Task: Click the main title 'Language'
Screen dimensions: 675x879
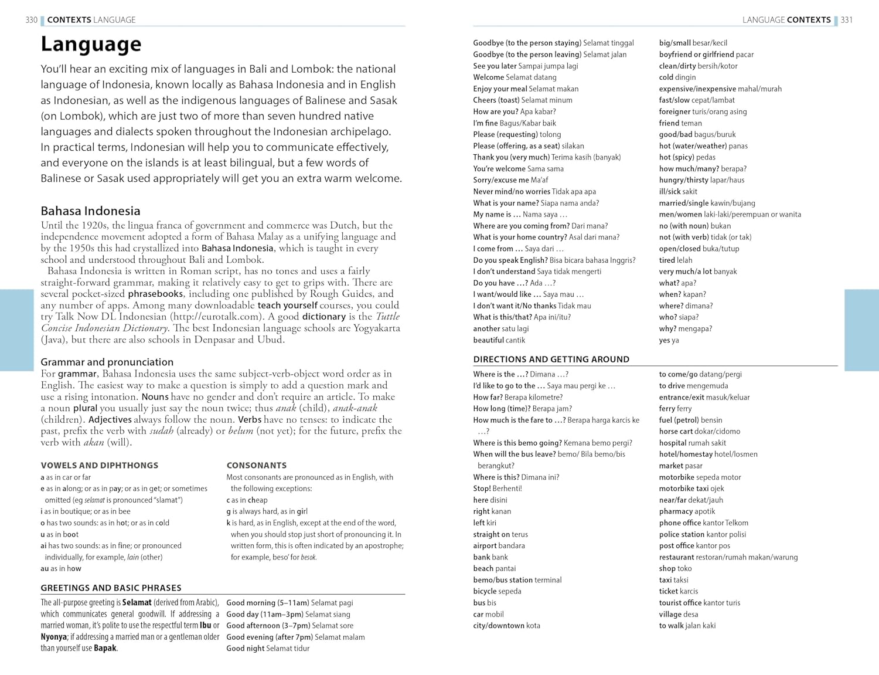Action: [x=91, y=45]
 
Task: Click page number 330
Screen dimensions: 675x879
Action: [x=31, y=20]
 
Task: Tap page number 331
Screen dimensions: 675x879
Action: [x=847, y=20]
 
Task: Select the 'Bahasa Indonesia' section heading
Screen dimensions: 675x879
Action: [x=90, y=211]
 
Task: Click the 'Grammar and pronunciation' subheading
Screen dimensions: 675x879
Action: [x=107, y=362]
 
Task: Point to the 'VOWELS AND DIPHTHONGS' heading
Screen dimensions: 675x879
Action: [x=99, y=466]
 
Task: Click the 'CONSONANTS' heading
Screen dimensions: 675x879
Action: [x=256, y=466]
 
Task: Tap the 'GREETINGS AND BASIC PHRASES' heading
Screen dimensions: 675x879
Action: [x=111, y=588]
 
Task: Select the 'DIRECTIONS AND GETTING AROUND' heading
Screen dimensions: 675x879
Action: [x=551, y=359]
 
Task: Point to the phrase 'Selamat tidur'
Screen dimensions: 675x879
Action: [x=288, y=649]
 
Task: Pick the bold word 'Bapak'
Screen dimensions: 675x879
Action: [x=105, y=649]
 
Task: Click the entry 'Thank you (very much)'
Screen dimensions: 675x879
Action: [x=511, y=157]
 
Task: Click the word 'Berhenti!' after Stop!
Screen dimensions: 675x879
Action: [x=507, y=489]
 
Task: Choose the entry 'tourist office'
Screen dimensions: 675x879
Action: [x=680, y=603]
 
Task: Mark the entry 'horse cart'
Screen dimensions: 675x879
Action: [x=676, y=431]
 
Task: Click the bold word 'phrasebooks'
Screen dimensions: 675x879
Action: [x=155, y=294]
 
